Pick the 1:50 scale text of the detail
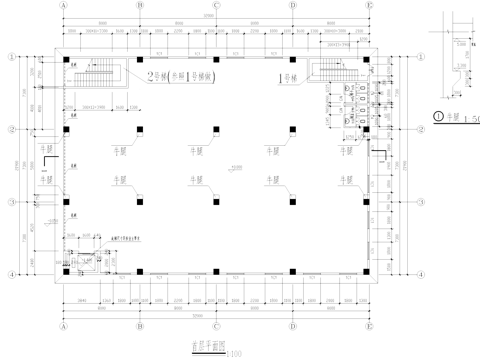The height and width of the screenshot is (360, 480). point(469,119)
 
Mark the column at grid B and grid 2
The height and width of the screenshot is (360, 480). point(142,130)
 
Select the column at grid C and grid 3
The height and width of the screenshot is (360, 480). point(217,202)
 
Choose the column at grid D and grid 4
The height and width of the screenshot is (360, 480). point(292,273)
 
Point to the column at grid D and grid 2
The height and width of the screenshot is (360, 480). point(292,130)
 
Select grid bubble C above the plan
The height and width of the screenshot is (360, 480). point(217,5)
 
